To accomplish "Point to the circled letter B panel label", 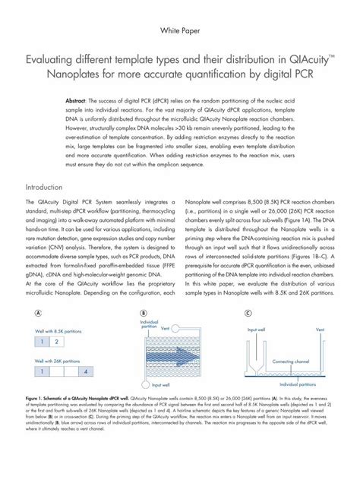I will click(142, 313).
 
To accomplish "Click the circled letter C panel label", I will click(248, 313).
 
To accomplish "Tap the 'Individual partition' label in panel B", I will click(150, 324).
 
